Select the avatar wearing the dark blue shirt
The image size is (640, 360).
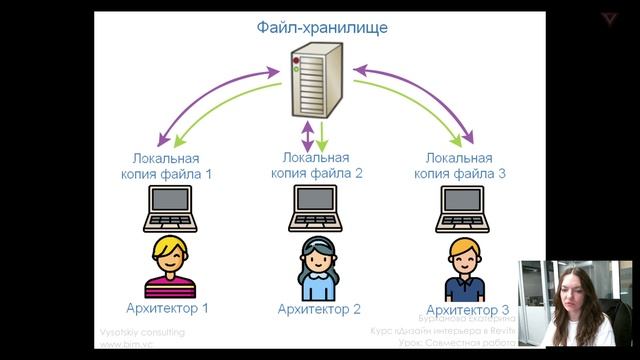(466, 268)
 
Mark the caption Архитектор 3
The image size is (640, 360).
(466, 310)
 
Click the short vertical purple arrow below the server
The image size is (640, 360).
(307, 133)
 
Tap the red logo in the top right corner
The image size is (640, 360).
(610, 18)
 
